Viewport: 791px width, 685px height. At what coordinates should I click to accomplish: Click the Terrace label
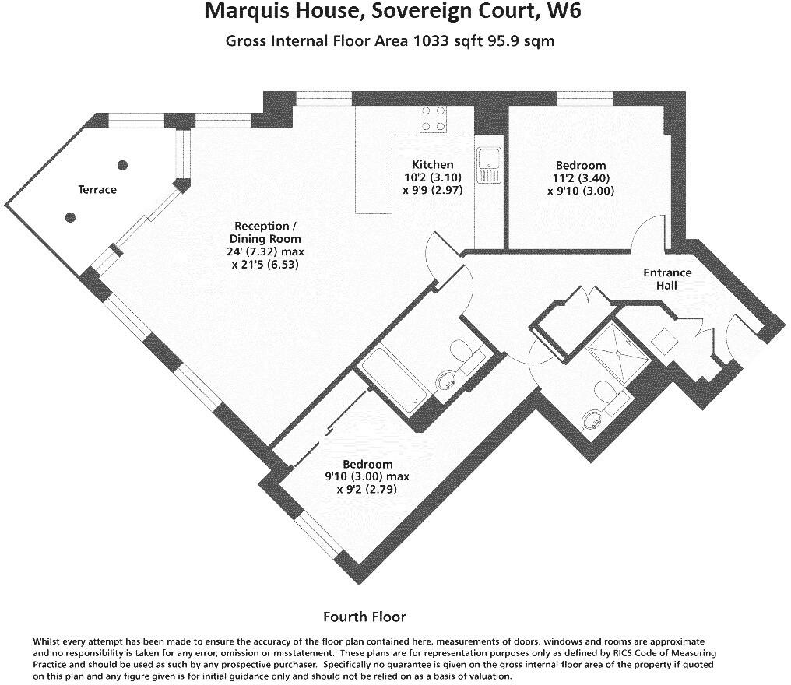click(97, 189)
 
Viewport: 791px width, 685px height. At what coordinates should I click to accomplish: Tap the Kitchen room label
click(432, 164)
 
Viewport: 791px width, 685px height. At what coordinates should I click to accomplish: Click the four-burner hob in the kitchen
click(434, 118)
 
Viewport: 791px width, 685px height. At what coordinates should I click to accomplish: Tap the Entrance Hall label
click(667, 279)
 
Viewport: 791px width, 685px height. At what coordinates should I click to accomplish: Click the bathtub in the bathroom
click(392, 379)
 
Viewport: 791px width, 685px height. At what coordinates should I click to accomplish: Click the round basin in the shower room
click(592, 421)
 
